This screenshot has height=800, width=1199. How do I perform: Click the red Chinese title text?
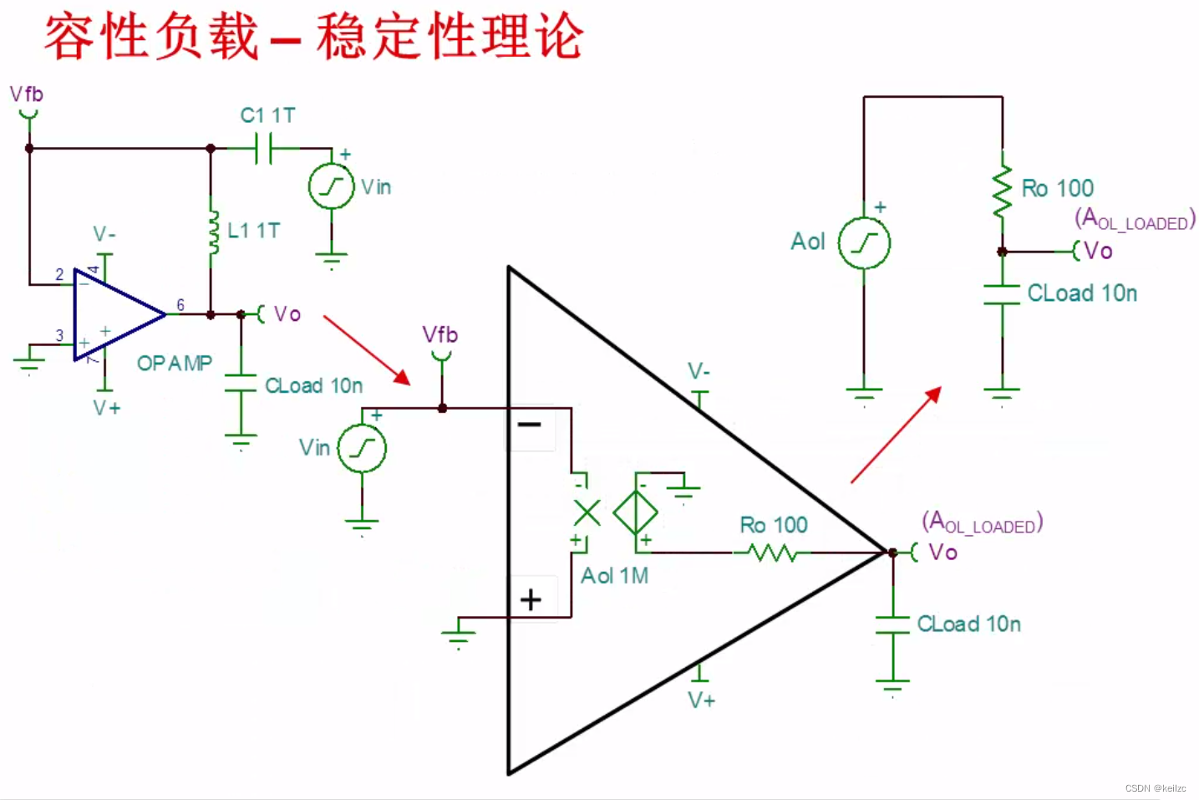(313, 37)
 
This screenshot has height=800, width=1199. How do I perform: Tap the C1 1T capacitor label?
(267, 115)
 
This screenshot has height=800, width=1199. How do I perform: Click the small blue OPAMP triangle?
(116, 314)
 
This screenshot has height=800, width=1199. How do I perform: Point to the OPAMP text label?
(175, 363)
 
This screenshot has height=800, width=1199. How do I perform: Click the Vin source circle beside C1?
(331, 186)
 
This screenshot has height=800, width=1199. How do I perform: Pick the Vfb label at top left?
(27, 94)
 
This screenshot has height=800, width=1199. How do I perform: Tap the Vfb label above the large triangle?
(440, 335)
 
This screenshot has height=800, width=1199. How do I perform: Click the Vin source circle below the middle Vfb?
(362, 449)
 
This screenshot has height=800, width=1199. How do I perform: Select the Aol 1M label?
(615, 576)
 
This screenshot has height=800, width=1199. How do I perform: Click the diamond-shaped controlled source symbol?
(635, 512)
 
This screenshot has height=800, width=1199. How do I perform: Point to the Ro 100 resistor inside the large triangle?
(772, 553)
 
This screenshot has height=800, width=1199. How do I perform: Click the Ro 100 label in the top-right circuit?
(1058, 188)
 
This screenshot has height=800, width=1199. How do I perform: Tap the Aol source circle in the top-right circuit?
(864, 243)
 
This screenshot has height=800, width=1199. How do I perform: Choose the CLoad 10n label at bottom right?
(969, 624)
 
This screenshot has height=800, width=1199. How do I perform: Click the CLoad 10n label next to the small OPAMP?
(314, 386)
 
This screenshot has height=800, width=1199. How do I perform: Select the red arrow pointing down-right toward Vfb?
(367, 350)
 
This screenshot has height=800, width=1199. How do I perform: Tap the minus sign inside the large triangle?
(530, 425)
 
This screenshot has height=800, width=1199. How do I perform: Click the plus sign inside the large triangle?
(531, 599)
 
